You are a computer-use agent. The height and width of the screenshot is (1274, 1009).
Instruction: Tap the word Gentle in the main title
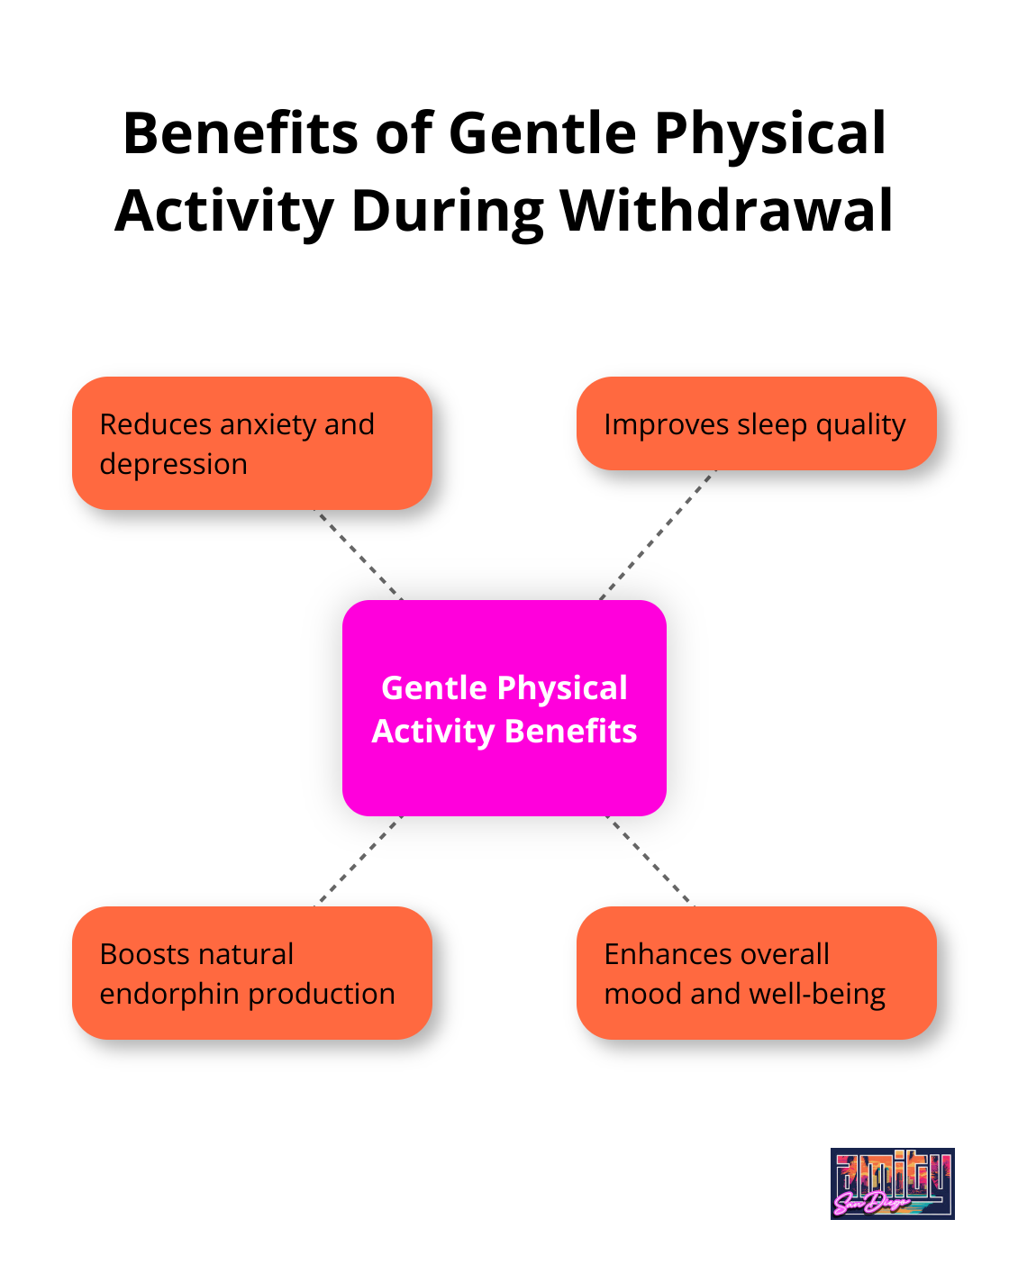(x=543, y=133)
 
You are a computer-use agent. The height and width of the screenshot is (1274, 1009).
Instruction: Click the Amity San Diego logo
(x=892, y=1183)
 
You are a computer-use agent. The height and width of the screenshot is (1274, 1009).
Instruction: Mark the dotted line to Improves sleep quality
(x=658, y=534)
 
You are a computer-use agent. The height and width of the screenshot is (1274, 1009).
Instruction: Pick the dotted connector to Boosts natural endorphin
(x=359, y=860)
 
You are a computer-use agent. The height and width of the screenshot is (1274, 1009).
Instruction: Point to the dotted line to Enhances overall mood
(x=650, y=860)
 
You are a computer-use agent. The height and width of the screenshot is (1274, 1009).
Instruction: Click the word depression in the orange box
(x=173, y=464)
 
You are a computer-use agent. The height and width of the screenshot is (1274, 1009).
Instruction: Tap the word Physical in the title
(x=771, y=133)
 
